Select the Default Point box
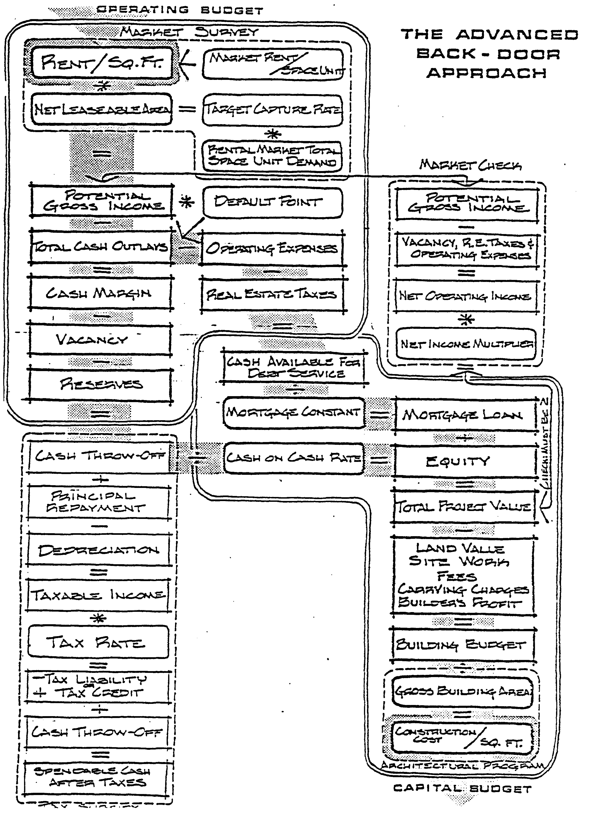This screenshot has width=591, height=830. (272, 202)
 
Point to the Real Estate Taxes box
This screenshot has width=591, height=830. (272, 295)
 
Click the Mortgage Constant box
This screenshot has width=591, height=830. (293, 413)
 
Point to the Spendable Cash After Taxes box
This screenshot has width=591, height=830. (98, 777)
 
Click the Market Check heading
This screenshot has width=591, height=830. (470, 166)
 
